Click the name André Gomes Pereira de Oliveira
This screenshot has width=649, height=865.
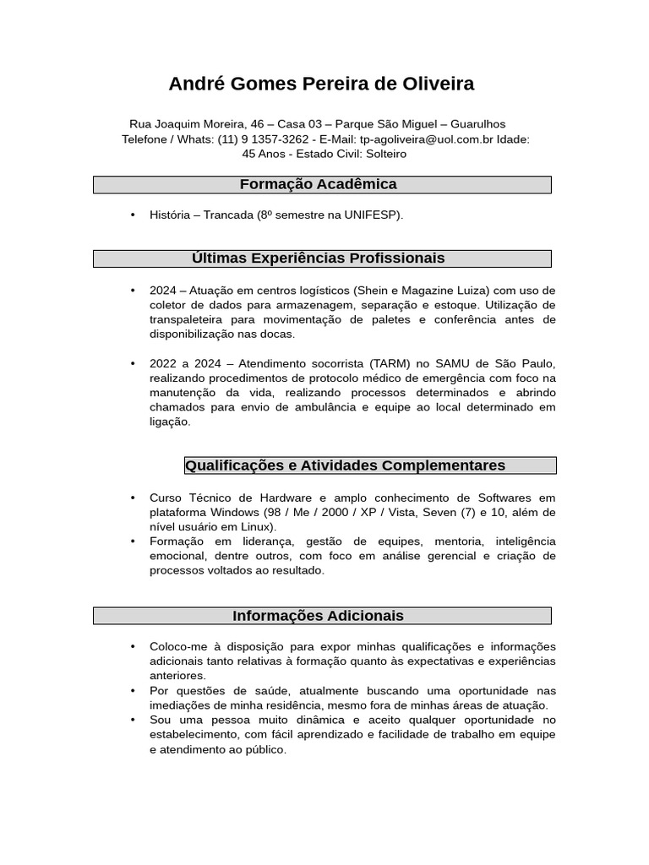(x=321, y=84)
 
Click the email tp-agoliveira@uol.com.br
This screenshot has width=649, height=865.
(x=427, y=139)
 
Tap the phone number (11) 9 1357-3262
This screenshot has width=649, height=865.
(x=263, y=139)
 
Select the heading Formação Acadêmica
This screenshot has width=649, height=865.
(x=318, y=184)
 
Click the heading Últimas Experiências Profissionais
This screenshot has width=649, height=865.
(x=318, y=258)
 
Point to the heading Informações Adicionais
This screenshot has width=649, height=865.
(x=318, y=616)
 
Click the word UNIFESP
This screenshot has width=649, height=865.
(x=372, y=215)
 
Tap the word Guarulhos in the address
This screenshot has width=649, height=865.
(x=477, y=123)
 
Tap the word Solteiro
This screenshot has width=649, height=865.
(x=385, y=154)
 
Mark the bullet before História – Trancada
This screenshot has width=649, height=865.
(x=133, y=215)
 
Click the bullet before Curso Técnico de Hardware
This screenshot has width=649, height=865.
(x=133, y=498)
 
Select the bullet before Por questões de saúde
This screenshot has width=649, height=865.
(x=133, y=691)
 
